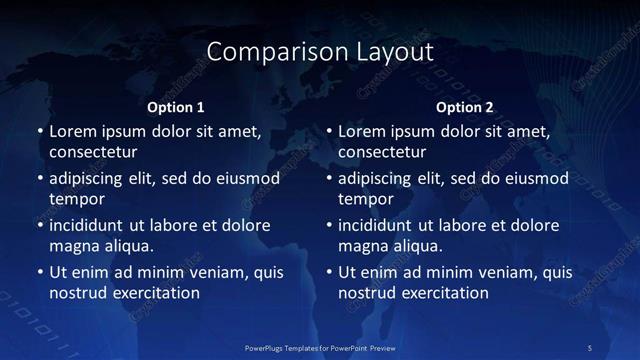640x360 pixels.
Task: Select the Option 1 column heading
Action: [x=175, y=107]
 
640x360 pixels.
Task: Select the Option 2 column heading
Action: [x=465, y=107]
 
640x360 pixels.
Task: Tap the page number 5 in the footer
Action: [x=590, y=346]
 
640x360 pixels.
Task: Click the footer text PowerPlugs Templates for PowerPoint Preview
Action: [x=320, y=346]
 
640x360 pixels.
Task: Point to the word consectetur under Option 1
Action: [x=93, y=152]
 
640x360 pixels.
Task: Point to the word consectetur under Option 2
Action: [x=382, y=152]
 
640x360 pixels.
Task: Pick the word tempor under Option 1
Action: [x=76, y=199]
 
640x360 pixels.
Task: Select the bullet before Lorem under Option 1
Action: [x=39, y=132]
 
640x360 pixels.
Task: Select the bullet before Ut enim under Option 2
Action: [x=328, y=273]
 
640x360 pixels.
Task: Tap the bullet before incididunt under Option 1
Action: [x=39, y=226]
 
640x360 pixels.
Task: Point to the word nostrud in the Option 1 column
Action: [x=77, y=293]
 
